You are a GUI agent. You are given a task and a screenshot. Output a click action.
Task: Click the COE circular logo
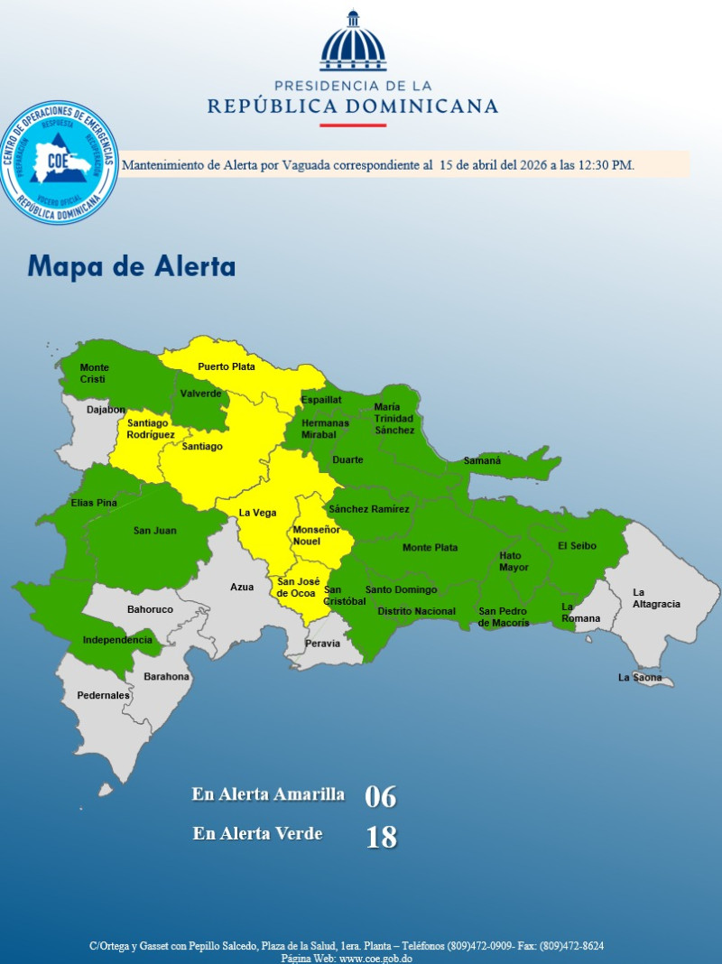60,163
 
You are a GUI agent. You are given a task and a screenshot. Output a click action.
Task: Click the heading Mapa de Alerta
132,267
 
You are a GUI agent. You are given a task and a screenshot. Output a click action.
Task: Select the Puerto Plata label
227,366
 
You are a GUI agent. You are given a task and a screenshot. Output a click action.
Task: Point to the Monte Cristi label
94,374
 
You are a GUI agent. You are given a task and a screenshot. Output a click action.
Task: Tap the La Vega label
257,513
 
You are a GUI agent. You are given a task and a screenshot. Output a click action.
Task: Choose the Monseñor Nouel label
316,535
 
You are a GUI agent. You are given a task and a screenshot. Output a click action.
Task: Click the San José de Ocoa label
296,588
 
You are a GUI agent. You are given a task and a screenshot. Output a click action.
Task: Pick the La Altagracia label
656,598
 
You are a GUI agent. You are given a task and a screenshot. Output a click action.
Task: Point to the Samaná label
482,461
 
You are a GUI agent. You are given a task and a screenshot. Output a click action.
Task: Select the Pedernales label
103,696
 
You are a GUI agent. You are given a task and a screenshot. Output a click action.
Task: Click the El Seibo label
576,545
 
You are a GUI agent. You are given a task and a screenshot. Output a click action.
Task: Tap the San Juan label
155,531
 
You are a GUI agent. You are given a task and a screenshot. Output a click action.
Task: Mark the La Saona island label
639,678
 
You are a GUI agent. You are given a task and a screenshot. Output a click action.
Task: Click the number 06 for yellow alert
380,797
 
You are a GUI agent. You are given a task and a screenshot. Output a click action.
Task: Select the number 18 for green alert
381,838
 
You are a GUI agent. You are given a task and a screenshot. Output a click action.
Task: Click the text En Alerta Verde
257,834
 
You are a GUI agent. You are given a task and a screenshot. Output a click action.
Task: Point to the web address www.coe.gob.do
375,958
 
